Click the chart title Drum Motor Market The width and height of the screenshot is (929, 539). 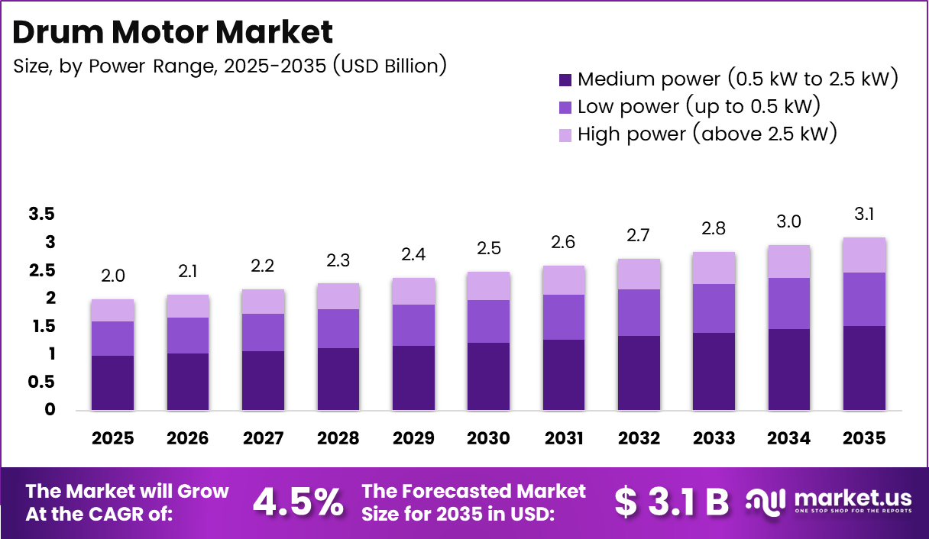point(173,32)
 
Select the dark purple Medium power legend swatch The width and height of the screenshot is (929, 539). point(565,79)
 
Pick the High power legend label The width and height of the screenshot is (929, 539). point(707,134)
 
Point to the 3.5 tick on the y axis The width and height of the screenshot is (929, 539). point(41,215)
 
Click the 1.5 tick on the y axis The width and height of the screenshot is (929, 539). point(41,327)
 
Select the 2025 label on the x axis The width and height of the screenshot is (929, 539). point(112,439)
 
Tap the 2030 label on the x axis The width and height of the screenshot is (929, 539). point(489,439)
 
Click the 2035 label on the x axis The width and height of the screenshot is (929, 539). point(865,439)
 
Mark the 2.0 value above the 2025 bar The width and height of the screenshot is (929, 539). point(112,276)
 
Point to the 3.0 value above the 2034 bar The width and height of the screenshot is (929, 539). point(789,221)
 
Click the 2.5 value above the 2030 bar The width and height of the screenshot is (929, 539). point(489,248)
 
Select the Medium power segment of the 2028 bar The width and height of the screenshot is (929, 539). point(338,379)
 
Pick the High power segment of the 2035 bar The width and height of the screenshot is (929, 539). point(865,255)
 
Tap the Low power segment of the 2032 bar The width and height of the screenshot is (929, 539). point(639,312)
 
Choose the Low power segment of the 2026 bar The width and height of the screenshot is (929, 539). point(188,335)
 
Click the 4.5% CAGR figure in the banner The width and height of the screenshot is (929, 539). point(297,502)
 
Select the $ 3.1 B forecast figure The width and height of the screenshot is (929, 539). point(672,502)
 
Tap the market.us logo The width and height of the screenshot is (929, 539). point(829,502)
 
